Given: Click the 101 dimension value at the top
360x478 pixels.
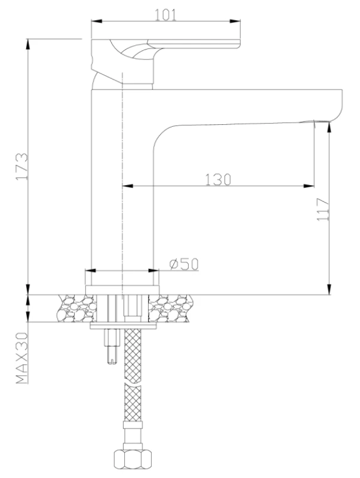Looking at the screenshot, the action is point(166,15).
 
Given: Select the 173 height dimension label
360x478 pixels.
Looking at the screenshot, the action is point(22,166).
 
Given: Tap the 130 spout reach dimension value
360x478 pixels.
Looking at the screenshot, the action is point(218,179).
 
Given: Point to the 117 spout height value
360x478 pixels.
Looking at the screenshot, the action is point(323,210).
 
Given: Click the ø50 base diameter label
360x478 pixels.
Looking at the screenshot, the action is point(184,264).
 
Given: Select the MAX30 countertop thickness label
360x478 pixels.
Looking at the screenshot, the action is point(22,358).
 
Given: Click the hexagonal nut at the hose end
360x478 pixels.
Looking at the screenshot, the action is point(132,459).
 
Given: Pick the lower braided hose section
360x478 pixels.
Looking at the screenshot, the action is point(132,403).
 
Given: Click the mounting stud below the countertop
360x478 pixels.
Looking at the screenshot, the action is point(112,347).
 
